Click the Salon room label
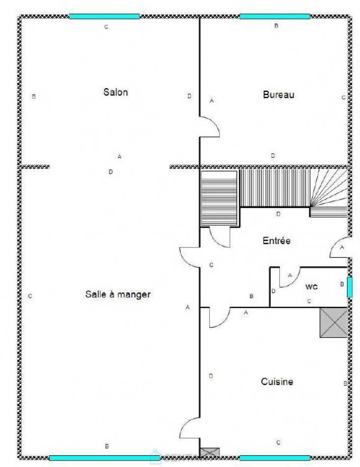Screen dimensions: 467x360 click(115, 92)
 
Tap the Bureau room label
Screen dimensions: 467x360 click(278, 94)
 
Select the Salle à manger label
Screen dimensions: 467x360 click(118, 294)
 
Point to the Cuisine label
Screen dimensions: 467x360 click(277, 381)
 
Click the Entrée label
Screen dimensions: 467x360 click(277, 241)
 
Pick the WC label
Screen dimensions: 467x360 click(311, 286)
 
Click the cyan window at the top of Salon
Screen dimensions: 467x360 click(104, 16)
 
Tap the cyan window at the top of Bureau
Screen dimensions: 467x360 click(275, 16)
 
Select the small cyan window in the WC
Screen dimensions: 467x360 click(350, 287)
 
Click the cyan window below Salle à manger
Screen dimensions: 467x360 click(105, 458)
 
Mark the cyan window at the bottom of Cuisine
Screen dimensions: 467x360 click(275, 458)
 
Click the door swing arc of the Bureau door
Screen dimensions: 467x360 click(210, 127)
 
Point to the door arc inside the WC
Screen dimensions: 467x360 click(287, 278)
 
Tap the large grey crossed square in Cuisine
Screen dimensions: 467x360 click(333, 322)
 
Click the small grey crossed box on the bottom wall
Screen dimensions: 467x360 click(210, 452)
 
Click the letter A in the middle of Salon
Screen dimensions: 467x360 click(119, 156)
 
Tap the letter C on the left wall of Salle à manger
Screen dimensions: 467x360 click(30, 296)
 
